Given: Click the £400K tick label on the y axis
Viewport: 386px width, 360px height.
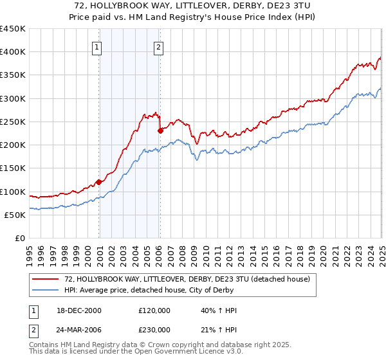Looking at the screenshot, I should click(12, 52).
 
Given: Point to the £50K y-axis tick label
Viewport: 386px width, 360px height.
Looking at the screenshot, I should click(15, 215).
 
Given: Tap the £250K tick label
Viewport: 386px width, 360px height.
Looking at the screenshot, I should click(12, 122).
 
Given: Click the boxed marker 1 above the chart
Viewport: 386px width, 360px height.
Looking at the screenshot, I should click(96, 46).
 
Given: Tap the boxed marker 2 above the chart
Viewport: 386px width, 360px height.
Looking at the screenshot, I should click(158, 46).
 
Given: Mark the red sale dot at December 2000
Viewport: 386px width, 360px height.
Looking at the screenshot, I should click(99, 182).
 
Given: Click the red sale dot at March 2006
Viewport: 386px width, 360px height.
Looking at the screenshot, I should click(160, 131).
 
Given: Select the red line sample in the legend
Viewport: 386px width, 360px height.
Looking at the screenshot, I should click(46, 279).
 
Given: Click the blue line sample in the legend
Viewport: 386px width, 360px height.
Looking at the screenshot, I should click(46, 290).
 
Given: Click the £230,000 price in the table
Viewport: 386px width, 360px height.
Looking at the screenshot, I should click(154, 329).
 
